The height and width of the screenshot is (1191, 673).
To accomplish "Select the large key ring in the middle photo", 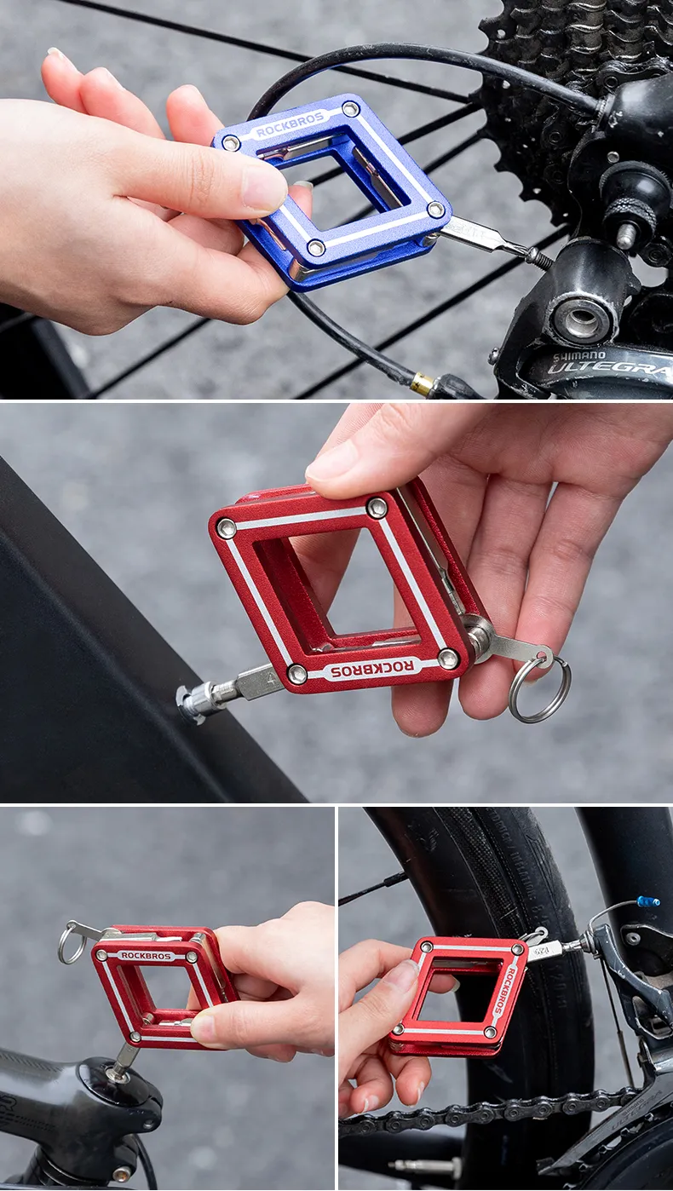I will point(540,688).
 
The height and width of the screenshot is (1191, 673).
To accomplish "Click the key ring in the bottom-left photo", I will point(71,946).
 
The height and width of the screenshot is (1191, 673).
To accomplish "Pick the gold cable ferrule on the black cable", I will point(422,384).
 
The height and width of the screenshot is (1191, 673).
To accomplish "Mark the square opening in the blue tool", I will point(334,191).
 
